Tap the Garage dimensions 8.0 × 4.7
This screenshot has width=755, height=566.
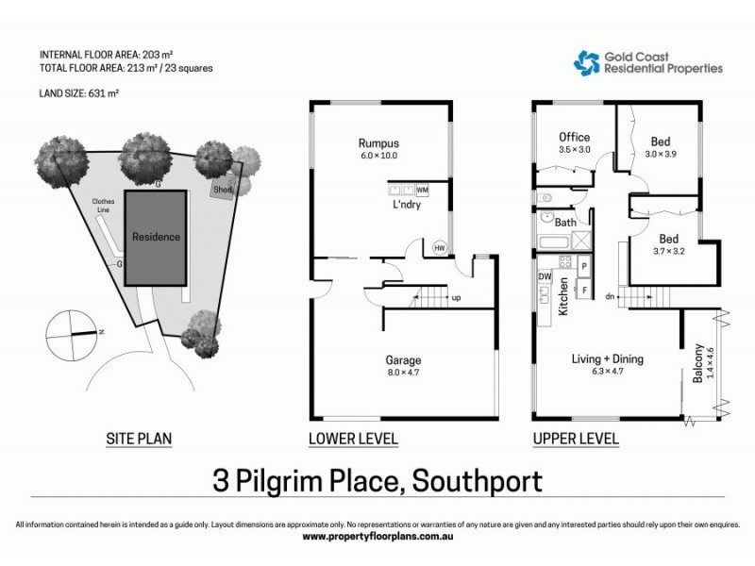[x=403, y=374]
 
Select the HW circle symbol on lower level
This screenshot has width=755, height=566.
[x=439, y=248]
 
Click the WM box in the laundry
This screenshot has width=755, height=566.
[x=421, y=189]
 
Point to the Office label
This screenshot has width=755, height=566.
[x=574, y=136]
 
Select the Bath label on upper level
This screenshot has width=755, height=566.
[x=565, y=223]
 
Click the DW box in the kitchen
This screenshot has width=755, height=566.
[x=544, y=275]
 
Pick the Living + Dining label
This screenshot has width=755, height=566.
[x=607, y=358]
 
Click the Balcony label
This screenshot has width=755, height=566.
[x=699, y=364]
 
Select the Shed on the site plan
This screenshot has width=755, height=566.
[x=222, y=189]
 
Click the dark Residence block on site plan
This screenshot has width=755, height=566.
[x=156, y=237]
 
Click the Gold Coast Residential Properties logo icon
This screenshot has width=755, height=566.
[x=587, y=62]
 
